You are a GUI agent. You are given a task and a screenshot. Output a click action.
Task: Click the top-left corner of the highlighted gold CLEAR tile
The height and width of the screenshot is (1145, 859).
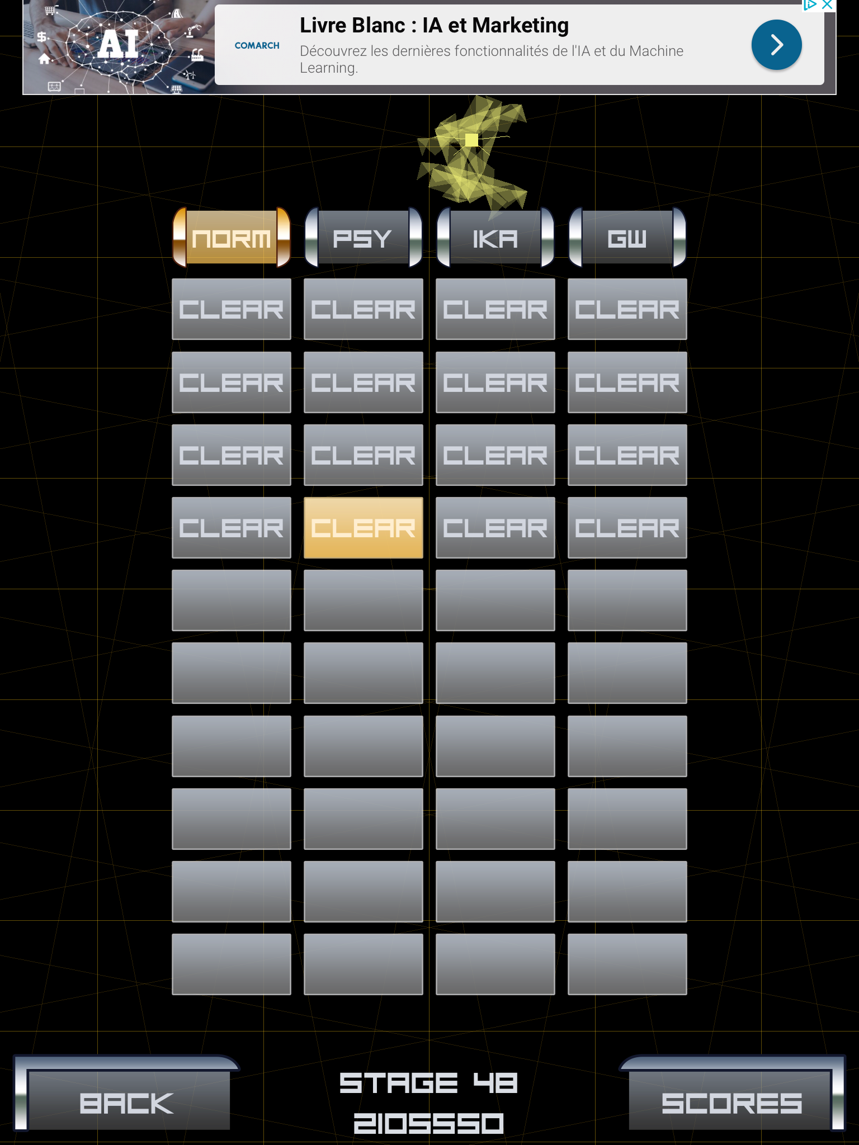(304, 498)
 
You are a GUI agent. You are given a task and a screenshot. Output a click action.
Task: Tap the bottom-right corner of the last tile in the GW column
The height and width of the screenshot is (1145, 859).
(687, 995)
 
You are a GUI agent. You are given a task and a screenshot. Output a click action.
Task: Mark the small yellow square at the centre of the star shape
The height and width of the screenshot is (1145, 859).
(471, 140)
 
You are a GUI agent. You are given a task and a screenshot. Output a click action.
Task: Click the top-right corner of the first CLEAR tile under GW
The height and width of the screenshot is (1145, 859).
(687, 279)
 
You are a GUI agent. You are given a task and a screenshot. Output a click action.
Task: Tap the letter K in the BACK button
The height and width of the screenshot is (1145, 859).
(162, 1104)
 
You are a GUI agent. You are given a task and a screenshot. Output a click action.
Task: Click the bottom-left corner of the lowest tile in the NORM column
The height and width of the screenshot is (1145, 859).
(172, 995)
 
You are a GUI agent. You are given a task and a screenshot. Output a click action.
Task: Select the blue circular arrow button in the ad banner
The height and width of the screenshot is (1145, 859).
(776, 45)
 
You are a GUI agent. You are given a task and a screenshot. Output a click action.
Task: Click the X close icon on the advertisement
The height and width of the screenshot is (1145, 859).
(827, 5)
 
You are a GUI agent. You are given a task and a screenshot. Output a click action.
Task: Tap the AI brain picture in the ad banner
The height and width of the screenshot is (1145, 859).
(119, 48)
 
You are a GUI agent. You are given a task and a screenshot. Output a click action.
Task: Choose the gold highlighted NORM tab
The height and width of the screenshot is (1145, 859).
(232, 238)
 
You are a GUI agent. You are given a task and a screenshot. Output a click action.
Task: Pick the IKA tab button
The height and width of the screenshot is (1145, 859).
(495, 238)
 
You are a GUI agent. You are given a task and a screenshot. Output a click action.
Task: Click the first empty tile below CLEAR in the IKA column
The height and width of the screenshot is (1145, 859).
(495, 600)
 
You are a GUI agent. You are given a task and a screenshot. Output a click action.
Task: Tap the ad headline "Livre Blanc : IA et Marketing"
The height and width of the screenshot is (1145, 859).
(434, 26)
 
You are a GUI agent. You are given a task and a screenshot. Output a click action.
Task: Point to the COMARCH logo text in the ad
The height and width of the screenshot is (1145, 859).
(257, 45)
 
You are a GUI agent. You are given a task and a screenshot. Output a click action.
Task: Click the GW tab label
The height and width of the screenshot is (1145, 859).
(627, 239)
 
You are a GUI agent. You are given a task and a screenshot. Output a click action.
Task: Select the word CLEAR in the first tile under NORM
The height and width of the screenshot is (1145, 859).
(232, 310)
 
